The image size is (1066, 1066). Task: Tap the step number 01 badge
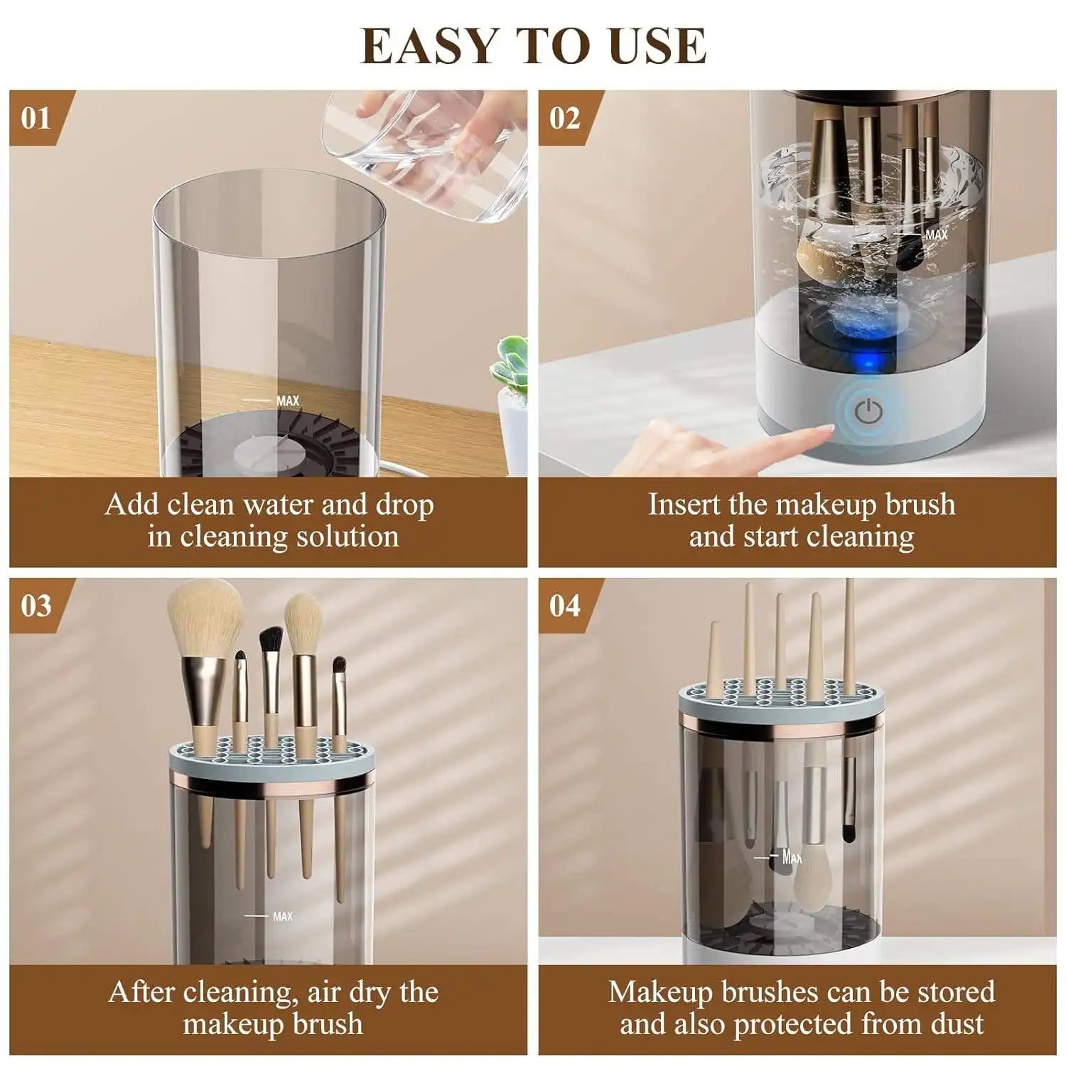[36, 117]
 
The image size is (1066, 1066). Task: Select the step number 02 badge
[564, 117]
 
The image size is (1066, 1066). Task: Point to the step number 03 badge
[36, 605]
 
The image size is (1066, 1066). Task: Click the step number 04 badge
[564, 605]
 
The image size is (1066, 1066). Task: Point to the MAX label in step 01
[287, 401]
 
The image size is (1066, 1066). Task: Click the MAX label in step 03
[282, 917]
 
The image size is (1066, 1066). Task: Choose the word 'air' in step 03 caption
[324, 993]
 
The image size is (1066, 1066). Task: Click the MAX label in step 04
[791, 857]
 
